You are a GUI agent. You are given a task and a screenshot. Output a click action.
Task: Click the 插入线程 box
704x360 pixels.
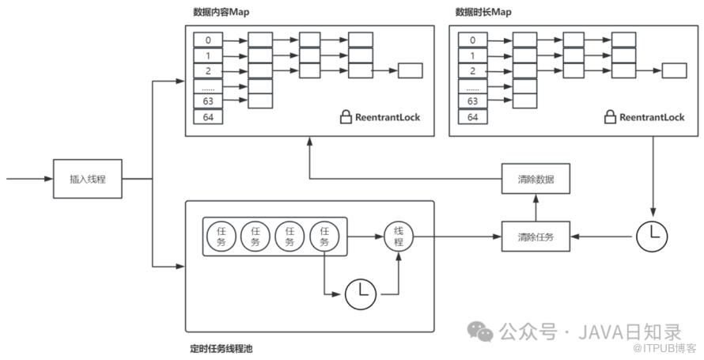point(88,179)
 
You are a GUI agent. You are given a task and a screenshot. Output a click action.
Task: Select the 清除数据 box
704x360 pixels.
point(536,179)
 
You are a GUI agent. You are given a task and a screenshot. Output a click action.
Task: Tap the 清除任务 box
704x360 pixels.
point(536,237)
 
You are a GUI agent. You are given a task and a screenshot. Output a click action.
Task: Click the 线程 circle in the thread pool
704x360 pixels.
point(399,237)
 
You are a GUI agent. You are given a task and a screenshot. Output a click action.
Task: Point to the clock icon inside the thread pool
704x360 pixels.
point(361,294)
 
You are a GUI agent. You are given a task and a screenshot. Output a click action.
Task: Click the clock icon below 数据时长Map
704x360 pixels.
point(652,236)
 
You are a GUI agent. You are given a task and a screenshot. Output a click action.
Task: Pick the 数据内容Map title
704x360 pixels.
point(221,12)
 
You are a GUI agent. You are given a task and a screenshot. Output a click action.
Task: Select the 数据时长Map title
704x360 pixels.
point(483,12)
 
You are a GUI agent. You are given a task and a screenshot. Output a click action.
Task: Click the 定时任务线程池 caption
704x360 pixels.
point(221,348)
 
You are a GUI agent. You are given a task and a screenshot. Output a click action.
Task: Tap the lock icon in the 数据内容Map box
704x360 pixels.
point(346,118)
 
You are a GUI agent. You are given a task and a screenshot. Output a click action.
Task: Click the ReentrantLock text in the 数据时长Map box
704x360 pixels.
point(652,118)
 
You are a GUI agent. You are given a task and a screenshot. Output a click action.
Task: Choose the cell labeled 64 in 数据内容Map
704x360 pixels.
point(208,118)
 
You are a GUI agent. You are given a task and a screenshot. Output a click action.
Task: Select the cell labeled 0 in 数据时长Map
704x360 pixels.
point(473,40)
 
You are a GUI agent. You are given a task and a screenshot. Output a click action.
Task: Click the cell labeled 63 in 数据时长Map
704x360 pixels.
point(473,101)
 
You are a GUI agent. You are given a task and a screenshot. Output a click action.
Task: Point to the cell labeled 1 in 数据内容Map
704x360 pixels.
point(208,55)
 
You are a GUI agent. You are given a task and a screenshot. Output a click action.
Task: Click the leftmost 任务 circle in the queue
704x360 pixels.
point(221,237)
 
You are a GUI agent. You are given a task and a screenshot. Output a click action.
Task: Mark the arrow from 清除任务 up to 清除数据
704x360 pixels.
point(536,207)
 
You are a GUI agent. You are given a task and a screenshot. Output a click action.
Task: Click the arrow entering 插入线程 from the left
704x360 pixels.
point(29,179)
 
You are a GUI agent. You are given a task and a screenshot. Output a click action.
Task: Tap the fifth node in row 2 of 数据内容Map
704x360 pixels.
point(411,70)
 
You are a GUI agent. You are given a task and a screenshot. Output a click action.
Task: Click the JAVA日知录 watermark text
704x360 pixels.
point(630,332)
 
